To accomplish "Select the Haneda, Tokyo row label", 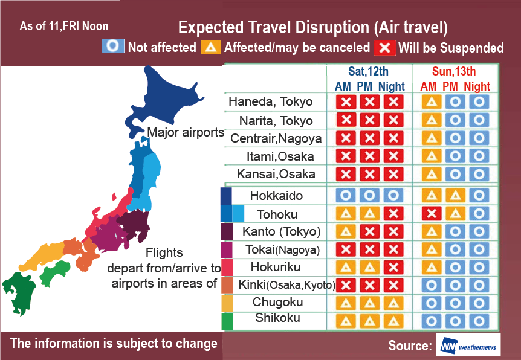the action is [x=271, y=101].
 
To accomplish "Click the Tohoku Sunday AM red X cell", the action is [x=432, y=214].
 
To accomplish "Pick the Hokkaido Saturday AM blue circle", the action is [x=346, y=196].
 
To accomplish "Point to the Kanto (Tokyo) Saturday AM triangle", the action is [x=346, y=231].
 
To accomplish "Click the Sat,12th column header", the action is [x=368, y=71].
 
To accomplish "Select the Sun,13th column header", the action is [x=454, y=71].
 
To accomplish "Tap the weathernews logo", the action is [x=468, y=346].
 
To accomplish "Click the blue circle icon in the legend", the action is [x=113, y=46].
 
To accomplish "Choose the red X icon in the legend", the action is [x=384, y=48].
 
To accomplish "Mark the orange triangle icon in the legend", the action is [x=211, y=47].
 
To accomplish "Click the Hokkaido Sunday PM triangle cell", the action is [x=456, y=196].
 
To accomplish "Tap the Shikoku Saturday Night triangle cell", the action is [x=393, y=321].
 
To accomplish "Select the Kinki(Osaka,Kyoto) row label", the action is [x=287, y=284].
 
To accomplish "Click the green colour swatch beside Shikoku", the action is [x=227, y=321].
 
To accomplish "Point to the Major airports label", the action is [x=186, y=132].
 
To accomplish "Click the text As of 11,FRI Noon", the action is [x=64, y=26].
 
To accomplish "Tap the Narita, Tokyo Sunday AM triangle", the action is [x=432, y=120].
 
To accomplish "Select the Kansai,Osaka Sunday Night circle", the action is [x=479, y=174].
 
